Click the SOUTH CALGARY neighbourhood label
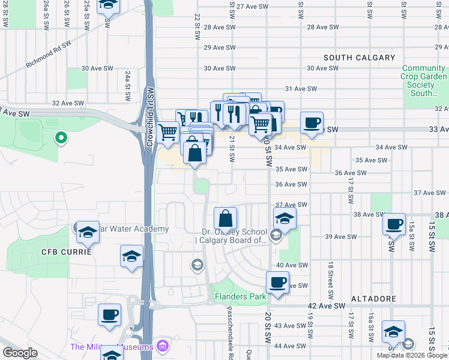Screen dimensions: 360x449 (x=359, y=58)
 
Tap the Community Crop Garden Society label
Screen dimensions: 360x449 (x=424, y=81)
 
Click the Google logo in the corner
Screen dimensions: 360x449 (x=20, y=353)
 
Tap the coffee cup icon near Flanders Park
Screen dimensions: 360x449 (x=277, y=282)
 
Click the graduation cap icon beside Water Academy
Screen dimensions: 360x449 (x=88, y=232)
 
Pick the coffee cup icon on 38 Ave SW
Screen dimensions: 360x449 (x=394, y=224)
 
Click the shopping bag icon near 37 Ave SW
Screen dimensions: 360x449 (x=225, y=218)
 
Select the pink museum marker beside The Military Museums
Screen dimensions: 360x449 (x=161, y=346)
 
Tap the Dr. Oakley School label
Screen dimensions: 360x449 (x=234, y=236)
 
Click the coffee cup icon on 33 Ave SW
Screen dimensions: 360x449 (x=311, y=124)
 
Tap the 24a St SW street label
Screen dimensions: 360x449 (x=127, y=80)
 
